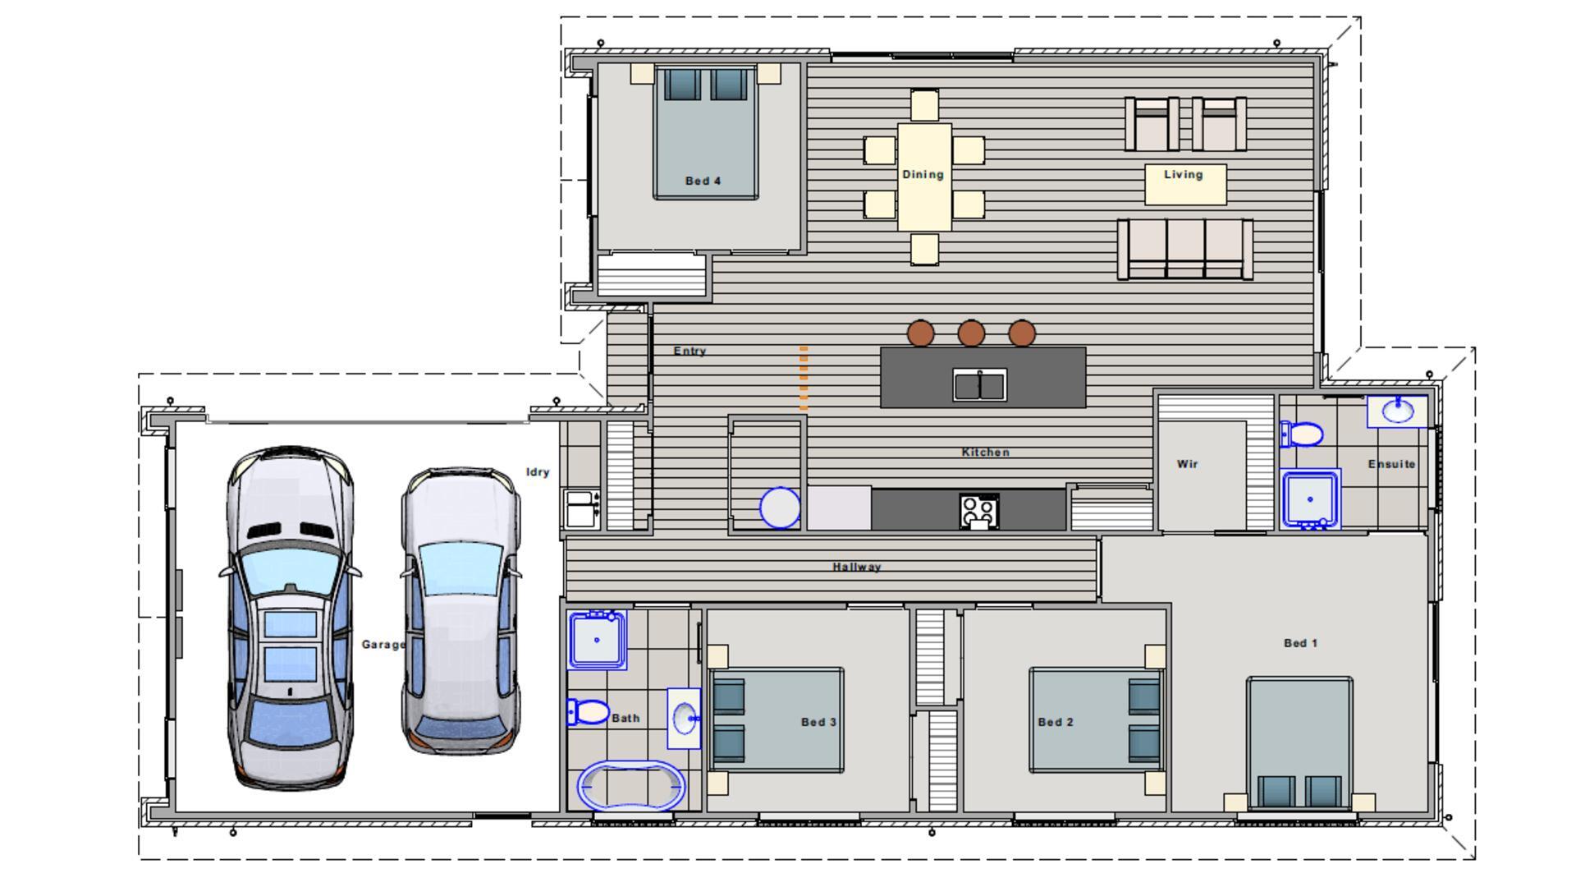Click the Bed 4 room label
[703, 181]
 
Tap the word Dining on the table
[923, 174]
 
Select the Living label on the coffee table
[1183, 174]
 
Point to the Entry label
[689, 351]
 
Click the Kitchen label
[985, 452]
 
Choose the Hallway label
[856, 567]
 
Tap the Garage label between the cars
[383, 645]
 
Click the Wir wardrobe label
[1187, 464]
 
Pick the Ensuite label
[1391, 464]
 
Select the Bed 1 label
[1300, 643]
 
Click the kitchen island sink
[979, 385]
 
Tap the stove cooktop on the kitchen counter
[978, 510]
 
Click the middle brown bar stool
[971, 333]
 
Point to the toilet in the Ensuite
[1302, 434]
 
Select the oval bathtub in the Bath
[630, 786]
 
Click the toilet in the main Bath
[588, 711]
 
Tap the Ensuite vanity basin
[1397, 410]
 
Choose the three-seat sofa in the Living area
[1184, 248]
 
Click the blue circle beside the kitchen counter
[780, 508]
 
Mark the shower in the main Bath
[597, 639]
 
